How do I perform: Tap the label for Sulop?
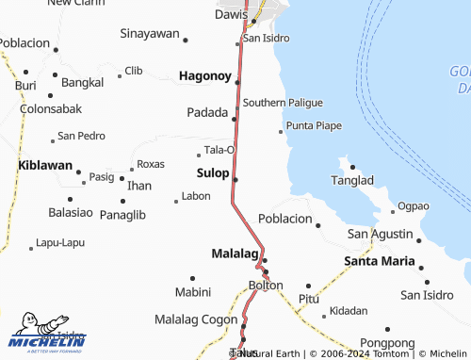pos(212,173)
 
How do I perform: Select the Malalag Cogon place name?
pos(196,319)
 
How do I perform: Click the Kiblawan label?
pos(45,165)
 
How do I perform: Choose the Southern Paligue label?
pos(283,102)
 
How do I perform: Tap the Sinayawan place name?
pos(150,34)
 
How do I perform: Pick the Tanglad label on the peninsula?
pos(353,180)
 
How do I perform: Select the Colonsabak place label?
pos(48,108)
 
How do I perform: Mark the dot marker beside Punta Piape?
pos(280,132)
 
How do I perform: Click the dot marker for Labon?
pos(175,201)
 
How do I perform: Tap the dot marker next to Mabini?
pos(192,278)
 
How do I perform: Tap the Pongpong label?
pos(386,344)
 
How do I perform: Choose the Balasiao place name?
pos(71,213)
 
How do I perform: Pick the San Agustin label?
pos(380,234)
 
